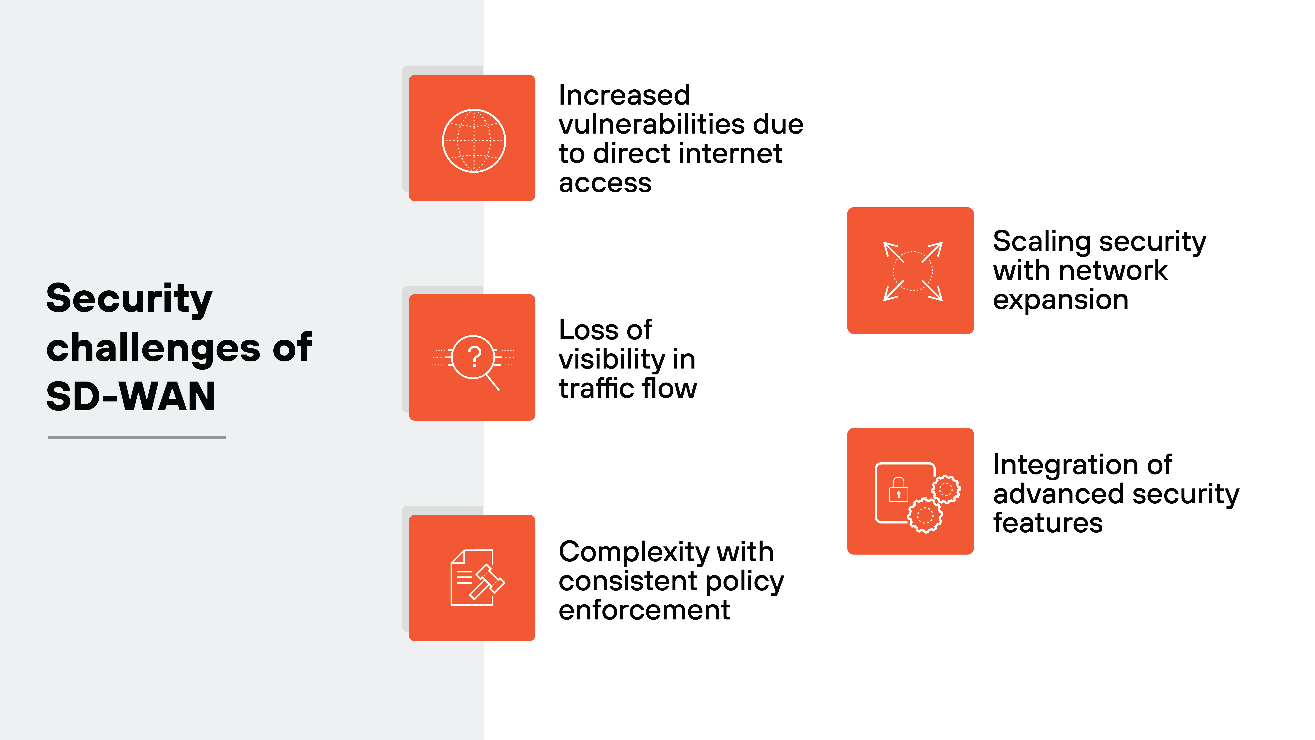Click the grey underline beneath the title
pyautogui.click(x=137, y=437)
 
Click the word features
pyautogui.click(x=1048, y=523)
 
